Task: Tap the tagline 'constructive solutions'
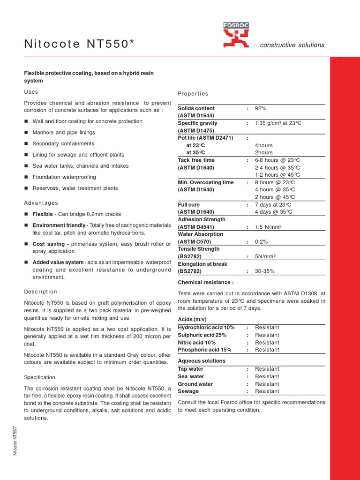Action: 292,45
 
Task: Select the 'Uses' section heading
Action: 31,92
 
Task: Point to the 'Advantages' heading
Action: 41,203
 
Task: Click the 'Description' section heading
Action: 41,292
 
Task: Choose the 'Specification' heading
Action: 40,377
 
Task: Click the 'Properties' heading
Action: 193,94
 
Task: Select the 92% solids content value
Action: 261,108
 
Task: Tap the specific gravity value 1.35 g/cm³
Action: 278,123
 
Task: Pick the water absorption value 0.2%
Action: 261,242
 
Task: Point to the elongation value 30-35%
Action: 264,271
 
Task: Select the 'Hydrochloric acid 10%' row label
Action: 206,328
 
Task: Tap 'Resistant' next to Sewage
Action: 267,391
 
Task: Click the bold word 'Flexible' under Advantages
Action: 43,214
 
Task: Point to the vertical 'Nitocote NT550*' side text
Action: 15,441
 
